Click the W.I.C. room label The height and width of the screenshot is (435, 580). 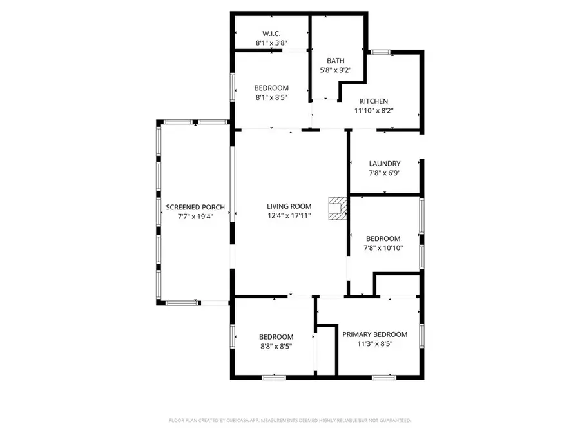point(271,33)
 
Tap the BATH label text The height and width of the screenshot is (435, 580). point(336,61)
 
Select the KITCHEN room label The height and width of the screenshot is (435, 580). point(374,101)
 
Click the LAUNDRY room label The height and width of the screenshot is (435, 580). point(385,164)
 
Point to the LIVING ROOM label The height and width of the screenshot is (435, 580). point(289,206)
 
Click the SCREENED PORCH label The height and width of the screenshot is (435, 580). point(195,207)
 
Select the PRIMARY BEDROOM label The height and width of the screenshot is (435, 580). point(374,334)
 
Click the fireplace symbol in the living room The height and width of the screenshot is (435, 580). point(336,209)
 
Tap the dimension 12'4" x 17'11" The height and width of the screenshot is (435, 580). point(289,216)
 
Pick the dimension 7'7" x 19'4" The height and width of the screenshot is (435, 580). point(195,217)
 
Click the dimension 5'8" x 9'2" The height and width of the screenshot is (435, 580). point(336,70)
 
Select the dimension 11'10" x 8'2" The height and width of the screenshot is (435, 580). point(374,111)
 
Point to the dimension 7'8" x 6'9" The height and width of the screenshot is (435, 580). point(385,173)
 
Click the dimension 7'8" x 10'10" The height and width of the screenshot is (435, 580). point(383,247)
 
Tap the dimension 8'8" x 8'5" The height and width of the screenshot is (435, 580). point(276,346)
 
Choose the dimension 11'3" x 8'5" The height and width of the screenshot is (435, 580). point(374,344)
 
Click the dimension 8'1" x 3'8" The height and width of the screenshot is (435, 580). point(271,43)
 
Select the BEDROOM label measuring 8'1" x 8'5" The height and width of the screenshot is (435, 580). point(271,88)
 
